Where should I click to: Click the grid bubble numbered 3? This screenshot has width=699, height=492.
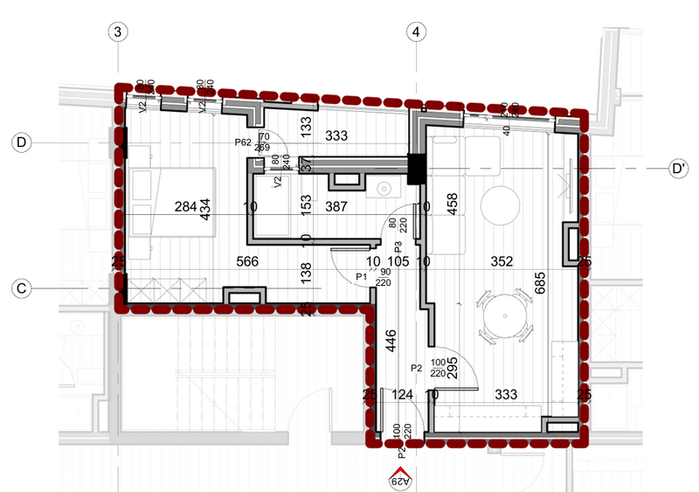tap(118, 32)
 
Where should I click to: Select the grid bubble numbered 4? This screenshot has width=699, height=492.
tap(417, 32)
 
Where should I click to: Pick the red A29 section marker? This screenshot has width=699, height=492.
tap(400, 475)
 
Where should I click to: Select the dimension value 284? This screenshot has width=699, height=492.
tap(186, 207)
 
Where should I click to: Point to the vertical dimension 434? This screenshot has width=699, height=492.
tap(206, 210)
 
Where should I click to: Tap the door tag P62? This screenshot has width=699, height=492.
tap(243, 142)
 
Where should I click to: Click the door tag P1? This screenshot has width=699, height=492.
tap(360, 277)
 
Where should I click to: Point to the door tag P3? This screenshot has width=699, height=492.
tap(398, 247)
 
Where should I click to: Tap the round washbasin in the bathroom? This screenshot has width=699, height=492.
tap(383, 188)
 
